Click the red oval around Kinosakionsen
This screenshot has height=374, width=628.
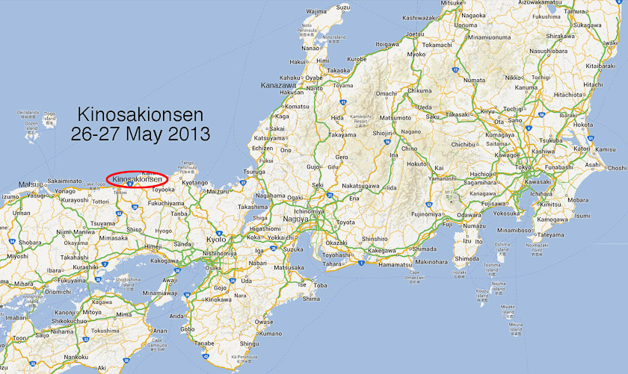click(137, 179)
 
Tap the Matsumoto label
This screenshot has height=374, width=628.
click(395, 118)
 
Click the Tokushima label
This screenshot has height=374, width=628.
click(105, 330)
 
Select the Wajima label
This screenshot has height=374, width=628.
click(316, 12)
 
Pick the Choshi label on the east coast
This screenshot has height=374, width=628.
click(617, 168)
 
